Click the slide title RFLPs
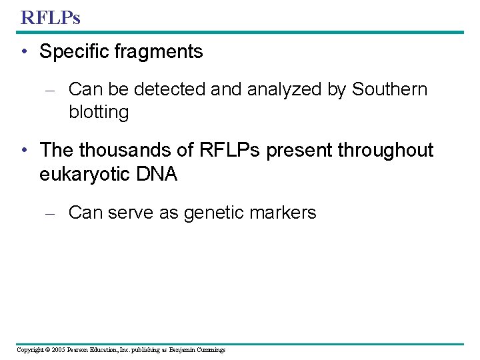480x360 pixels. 50,17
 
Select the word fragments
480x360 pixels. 163,52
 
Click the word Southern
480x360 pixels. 389,89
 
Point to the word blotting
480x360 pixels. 98,112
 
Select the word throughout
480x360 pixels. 385,150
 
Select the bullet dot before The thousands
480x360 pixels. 25,151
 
